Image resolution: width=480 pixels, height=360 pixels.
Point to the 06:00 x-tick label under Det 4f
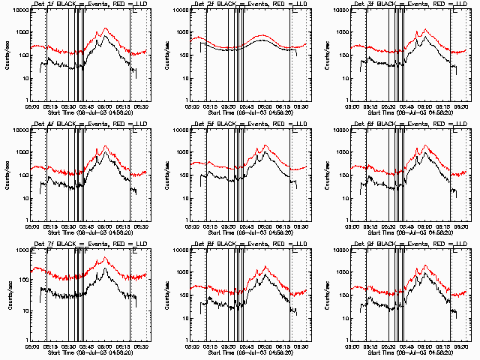click(x=106, y=223)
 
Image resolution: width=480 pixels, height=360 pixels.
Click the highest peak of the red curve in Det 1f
click(x=105, y=28)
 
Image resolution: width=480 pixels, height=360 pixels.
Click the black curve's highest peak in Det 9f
click(x=426, y=273)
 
